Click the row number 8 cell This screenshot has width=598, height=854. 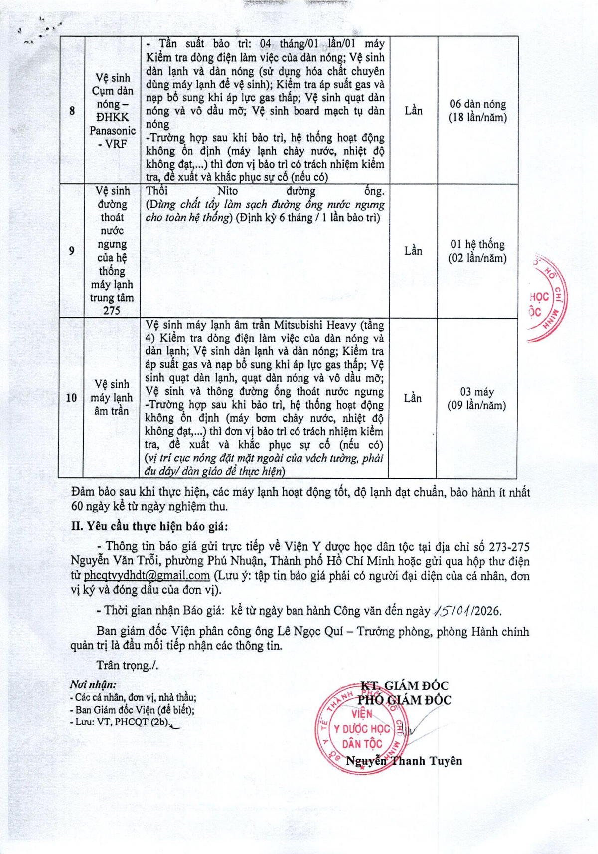(72, 110)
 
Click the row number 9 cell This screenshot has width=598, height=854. (72, 250)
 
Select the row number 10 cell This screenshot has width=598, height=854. (71, 397)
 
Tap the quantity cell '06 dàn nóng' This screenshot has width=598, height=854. (477, 111)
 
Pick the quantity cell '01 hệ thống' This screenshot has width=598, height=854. (477, 251)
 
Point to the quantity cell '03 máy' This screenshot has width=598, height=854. (476, 398)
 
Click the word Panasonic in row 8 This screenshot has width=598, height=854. (113, 131)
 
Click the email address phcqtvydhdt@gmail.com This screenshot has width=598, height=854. (147, 575)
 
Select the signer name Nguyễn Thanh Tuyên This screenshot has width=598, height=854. (404, 761)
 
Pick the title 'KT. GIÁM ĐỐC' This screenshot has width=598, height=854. (405, 686)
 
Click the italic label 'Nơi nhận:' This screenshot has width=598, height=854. (93, 684)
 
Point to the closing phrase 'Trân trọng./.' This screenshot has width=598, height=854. (127, 665)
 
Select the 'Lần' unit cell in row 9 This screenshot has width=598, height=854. (413, 251)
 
